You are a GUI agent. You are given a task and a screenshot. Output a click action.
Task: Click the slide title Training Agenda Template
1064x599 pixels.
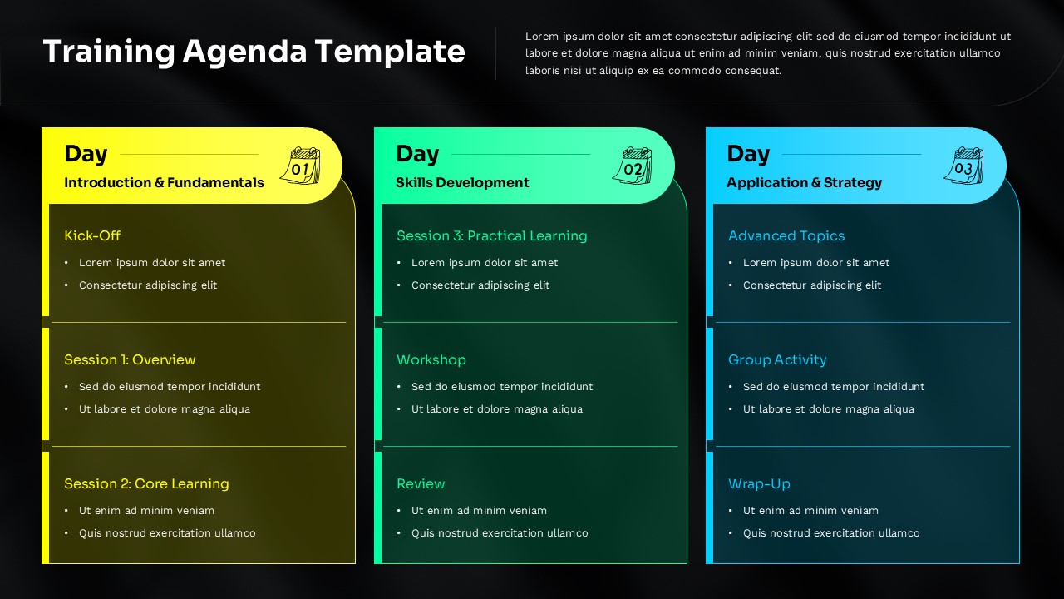tap(254, 52)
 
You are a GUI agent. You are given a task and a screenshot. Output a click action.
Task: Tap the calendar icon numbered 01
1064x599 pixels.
tap(300, 166)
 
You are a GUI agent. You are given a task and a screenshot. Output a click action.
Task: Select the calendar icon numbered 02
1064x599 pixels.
tap(633, 166)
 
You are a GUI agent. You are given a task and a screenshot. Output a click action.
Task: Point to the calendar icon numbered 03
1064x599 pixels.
tap(963, 166)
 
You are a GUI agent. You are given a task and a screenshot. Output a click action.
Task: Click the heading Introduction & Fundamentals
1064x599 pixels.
tap(164, 183)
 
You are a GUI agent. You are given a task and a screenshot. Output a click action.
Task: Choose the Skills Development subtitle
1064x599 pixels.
tap(462, 183)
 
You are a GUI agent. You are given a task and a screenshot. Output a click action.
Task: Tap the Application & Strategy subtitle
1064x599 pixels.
tap(804, 183)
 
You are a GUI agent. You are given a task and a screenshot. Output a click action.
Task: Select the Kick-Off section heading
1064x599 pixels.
tap(92, 236)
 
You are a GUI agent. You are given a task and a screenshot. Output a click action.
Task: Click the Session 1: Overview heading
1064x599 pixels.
tap(130, 360)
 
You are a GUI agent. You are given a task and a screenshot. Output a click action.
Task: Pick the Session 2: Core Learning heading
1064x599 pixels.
tap(146, 484)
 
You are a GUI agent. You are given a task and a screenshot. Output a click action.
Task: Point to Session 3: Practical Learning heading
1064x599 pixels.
tap(491, 236)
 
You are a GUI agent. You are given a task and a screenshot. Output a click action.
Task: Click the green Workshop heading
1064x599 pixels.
tap(431, 360)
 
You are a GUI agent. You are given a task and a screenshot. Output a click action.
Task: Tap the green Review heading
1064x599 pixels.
tap(421, 484)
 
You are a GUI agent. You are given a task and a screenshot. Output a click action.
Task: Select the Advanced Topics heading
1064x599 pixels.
tap(786, 236)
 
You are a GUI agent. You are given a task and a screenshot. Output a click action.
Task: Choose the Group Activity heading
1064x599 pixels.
tap(777, 360)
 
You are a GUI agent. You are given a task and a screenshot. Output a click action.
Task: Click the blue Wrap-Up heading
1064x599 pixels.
tap(759, 484)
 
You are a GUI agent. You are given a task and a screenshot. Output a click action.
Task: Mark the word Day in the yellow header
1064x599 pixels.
tap(86, 154)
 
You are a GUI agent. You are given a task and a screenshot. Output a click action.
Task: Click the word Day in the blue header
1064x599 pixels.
tap(748, 154)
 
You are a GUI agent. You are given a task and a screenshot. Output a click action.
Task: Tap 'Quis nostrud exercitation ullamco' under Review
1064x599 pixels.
tap(500, 533)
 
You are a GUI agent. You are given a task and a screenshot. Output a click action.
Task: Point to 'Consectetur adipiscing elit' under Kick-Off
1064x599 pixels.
tap(148, 285)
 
